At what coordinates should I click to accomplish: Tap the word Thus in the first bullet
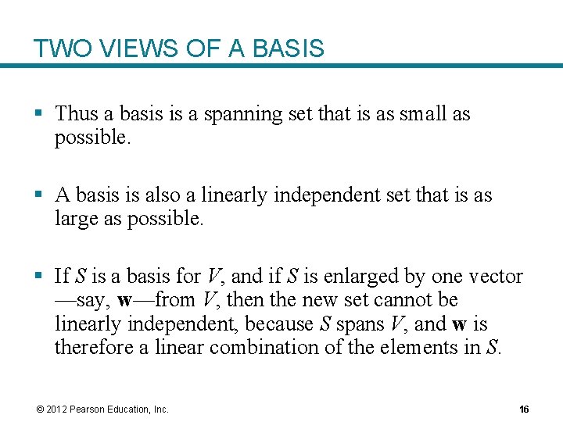77,114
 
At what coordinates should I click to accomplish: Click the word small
423,114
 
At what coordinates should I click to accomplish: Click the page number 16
524,409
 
